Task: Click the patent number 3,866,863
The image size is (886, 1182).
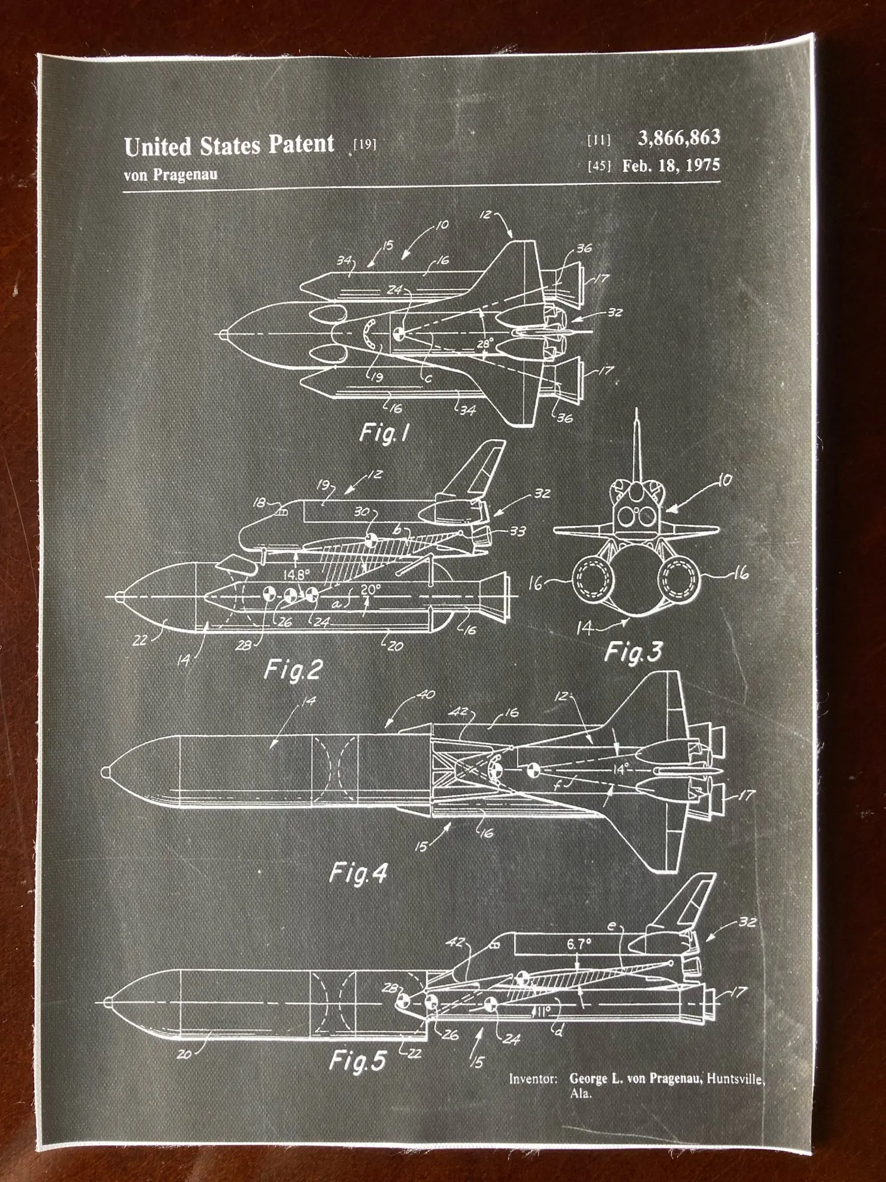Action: [x=679, y=138]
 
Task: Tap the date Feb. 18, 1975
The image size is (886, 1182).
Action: [x=671, y=165]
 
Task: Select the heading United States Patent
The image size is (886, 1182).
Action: [x=229, y=145]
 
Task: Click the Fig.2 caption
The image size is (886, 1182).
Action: [x=293, y=670]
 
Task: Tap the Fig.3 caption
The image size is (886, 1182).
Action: [x=633, y=652]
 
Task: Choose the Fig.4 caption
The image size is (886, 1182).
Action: [x=358, y=873]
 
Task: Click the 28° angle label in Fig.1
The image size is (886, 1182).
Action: [x=484, y=343]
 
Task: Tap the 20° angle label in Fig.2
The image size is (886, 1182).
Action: [x=370, y=590]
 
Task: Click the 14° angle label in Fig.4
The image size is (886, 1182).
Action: [x=620, y=769]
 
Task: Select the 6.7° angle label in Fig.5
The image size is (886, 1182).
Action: [x=579, y=944]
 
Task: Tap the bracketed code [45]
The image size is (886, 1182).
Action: [x=599, y=166]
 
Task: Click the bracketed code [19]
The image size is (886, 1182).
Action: [x=364, y=144]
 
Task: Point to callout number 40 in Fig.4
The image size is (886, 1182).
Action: [x=426, y=694]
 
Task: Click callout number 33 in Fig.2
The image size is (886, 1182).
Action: [x=517, y=531]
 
